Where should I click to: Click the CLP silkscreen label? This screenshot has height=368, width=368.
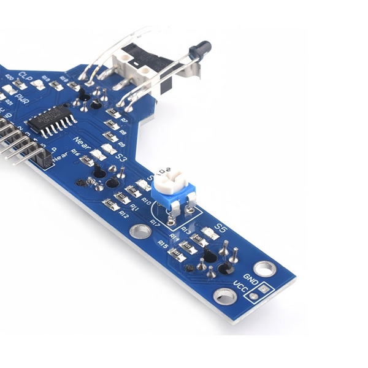(x=26, y=76)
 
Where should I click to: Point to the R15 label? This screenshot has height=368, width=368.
(x=163, y=243)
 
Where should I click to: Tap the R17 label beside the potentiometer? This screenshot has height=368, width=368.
(x=156, y=221)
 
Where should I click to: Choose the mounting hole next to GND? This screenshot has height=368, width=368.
(x=264, y=269)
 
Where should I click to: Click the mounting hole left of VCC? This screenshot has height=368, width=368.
(x=224, y=297)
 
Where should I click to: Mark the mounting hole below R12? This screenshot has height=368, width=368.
(x=140, y=231)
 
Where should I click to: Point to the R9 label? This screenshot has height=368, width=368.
(x=122, y=144)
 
